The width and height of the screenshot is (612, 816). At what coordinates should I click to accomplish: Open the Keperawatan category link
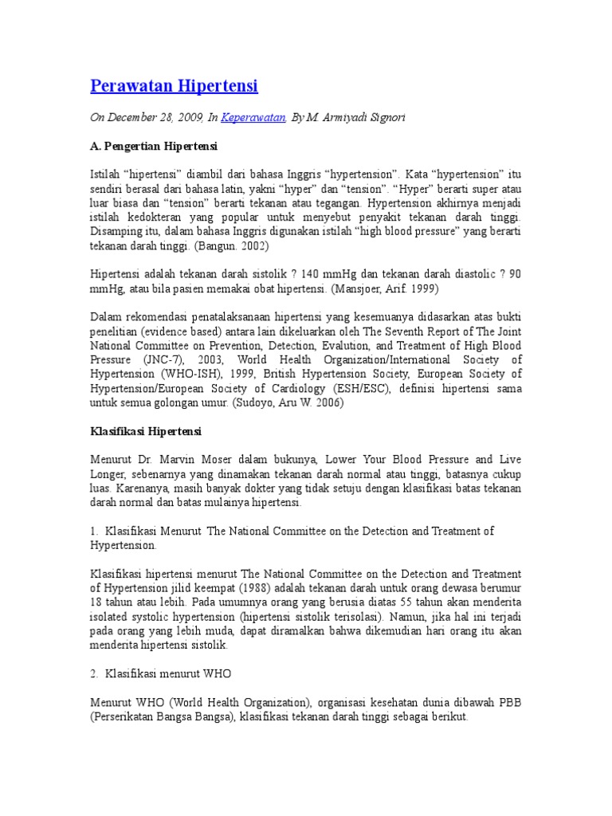pos(253,117)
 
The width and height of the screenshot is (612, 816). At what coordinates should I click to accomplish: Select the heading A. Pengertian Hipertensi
pos(154,147)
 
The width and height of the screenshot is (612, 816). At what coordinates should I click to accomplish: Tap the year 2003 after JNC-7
pos(221,359)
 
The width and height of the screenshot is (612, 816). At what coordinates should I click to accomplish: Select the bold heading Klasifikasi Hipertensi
pos(147,431)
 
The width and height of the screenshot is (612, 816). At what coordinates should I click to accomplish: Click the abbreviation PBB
pos(509,702)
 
